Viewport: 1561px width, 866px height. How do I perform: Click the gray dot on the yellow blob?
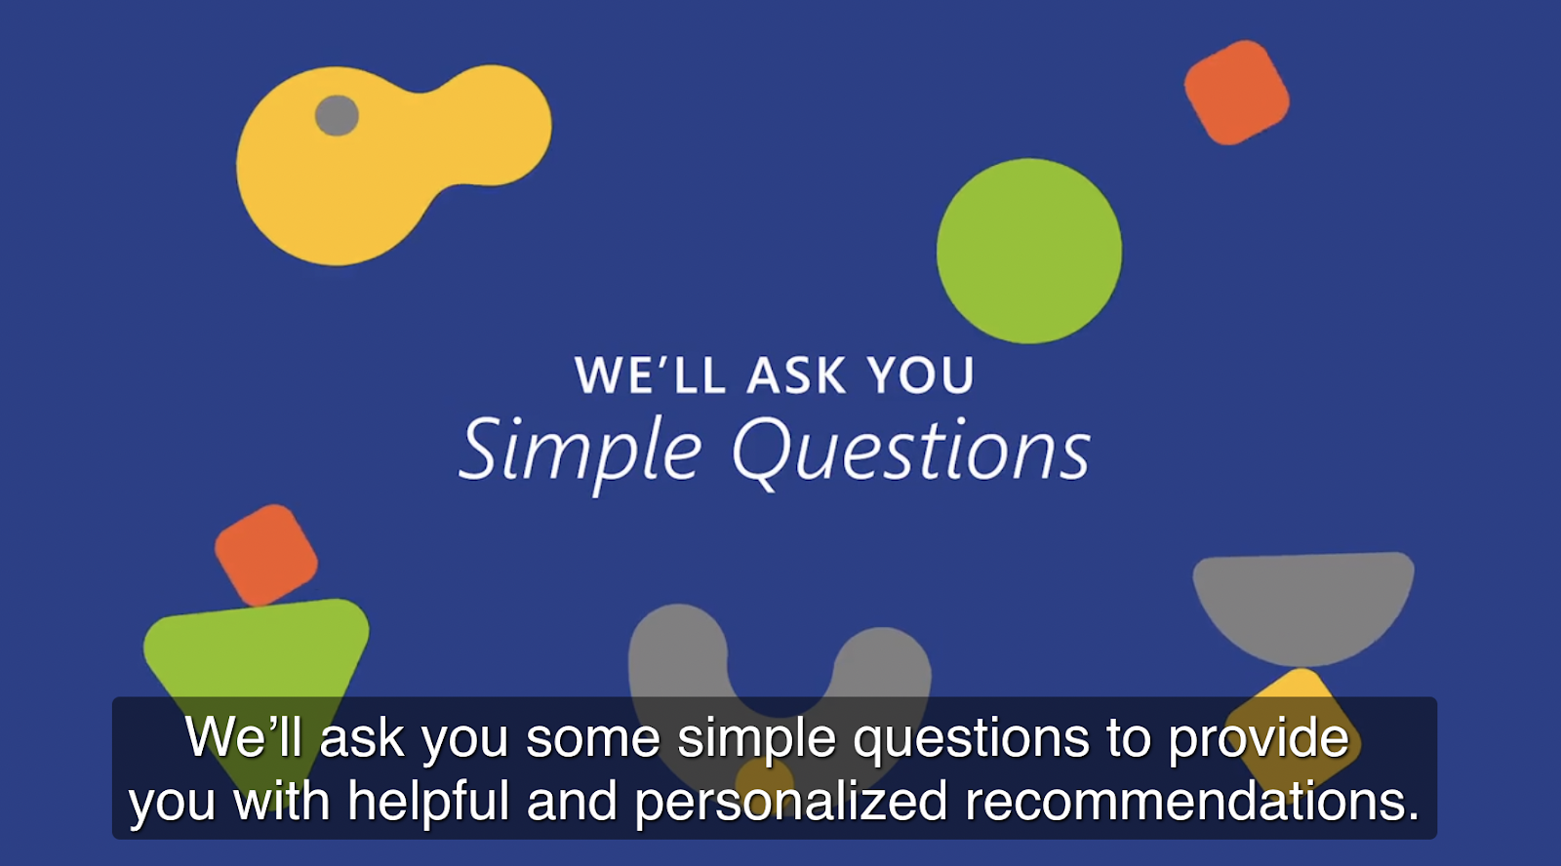click(x=337, y=115)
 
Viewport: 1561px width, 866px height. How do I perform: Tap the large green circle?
click(x=1029, y=251)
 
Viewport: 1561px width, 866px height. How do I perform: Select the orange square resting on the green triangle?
click(x=266, y=555)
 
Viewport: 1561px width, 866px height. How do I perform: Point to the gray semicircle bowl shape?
click(x=1303, y=607)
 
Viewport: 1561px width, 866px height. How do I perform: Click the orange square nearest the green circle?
click(x=1237, y=93)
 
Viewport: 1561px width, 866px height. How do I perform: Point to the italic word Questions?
click(x=911, y=451)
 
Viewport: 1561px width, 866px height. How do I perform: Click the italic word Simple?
click(x=580, y=453)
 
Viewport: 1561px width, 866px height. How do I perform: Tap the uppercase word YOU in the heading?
click(x=921, y=374)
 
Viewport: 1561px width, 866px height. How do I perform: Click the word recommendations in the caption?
click(x=1192, y=801)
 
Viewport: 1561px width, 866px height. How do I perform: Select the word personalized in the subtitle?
click(x=791, y=803)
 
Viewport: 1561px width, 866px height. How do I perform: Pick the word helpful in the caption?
click(x=428, y=803)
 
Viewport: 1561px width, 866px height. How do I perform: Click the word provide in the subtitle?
click(x=1259, y=739)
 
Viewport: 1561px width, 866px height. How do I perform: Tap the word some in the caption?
click(x=593, y=740)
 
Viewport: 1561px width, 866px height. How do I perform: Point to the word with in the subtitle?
click(x=282, y=801)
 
